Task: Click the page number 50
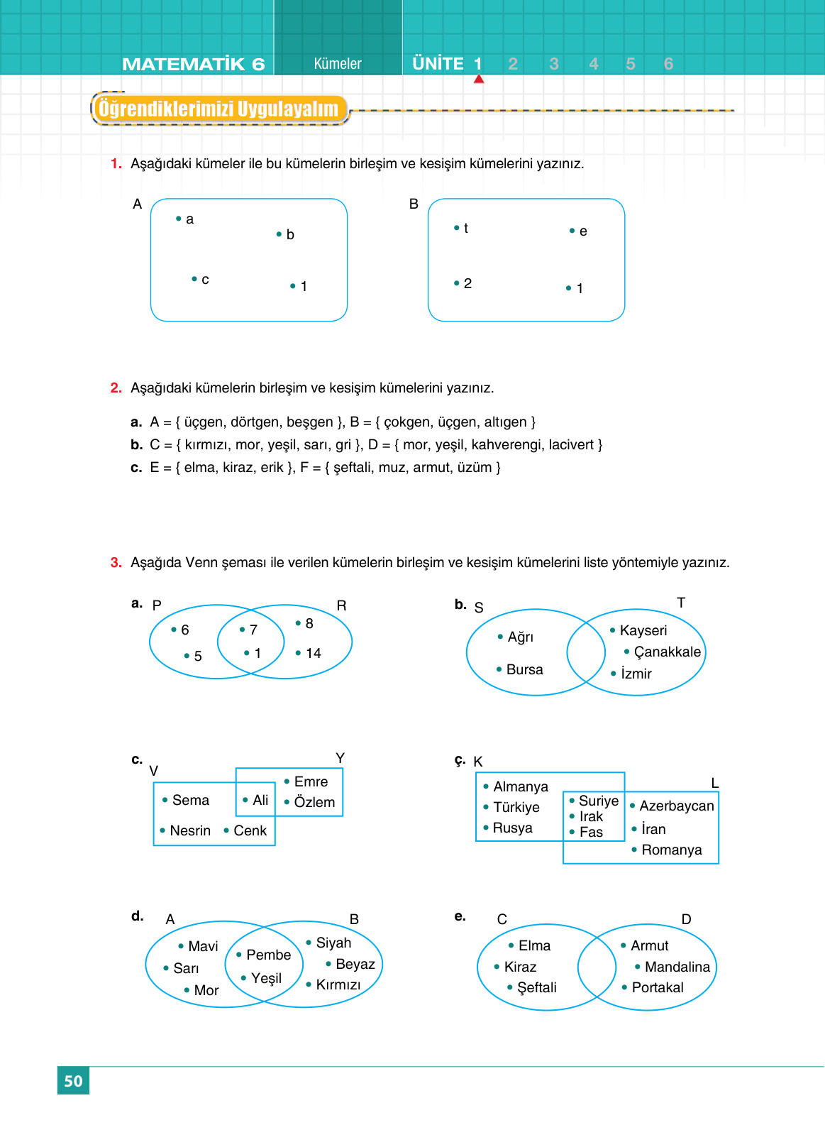coord(73,1081)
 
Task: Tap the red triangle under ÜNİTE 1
coord(479,79)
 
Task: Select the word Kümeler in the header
coord(338,64)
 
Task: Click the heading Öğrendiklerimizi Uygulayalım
coord(218,109)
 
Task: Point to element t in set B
coord(465,228)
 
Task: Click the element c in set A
coord(205,280)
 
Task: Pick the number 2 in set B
coord(467,283)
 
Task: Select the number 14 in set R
coord(313,653)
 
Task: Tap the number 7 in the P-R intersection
coord(253,630)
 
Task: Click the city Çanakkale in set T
coord(667,652)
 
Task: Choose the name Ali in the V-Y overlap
coord(260,800)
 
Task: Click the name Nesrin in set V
coord(190,830)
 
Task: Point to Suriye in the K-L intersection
coord(599,801)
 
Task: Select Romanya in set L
coord(671,850)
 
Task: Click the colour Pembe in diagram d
coord(268,955)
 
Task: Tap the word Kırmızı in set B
coord(338,984)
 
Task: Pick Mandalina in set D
coord(677,967)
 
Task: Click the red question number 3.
coord(116,563)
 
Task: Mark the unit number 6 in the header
coord(668,64)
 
